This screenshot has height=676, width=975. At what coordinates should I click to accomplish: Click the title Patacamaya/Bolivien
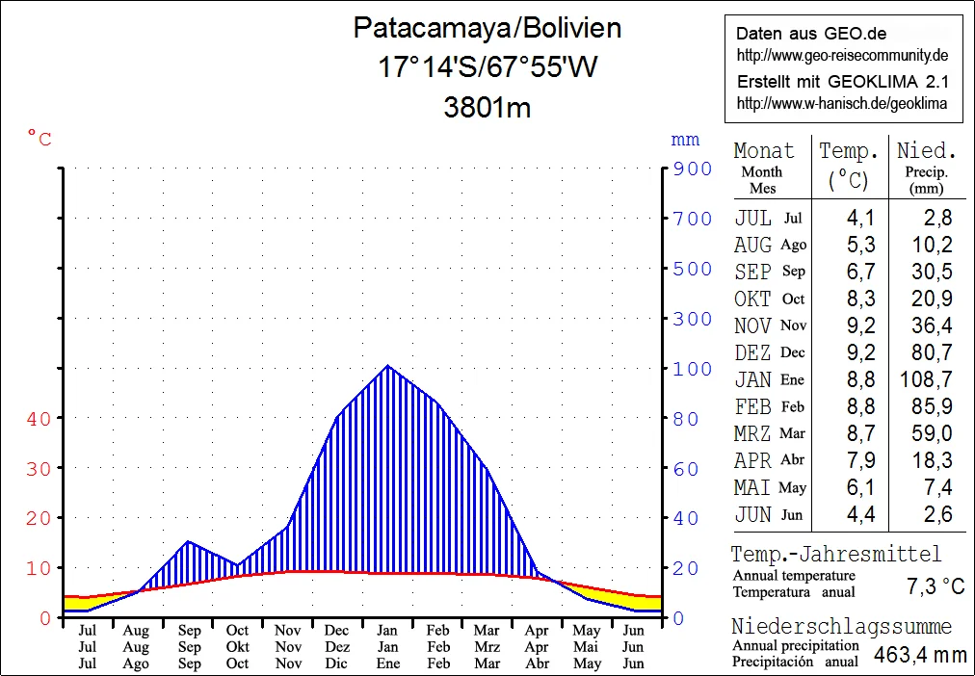pos(487,28)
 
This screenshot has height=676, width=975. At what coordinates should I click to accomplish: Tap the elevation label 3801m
pos(487,107)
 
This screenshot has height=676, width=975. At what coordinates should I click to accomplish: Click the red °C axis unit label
pos(40,140)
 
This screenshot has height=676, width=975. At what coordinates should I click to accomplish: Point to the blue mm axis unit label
pos(685,141)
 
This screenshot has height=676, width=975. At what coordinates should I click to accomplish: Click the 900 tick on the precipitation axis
pos(693,169)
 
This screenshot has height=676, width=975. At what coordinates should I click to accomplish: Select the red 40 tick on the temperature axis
pos(39,418)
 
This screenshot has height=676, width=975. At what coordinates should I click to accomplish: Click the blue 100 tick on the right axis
pos(693,369)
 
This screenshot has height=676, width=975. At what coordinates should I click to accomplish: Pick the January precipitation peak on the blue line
pos(387,366)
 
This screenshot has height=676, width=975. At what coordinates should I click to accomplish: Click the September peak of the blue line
pos(189,541)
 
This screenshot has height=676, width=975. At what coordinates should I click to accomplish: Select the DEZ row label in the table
pos(752,352)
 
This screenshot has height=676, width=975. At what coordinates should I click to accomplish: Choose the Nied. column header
pos(926,151)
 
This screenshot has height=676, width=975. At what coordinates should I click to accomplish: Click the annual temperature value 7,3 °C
pos(935,586)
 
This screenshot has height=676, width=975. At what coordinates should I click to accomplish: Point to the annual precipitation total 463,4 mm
pos(919,656)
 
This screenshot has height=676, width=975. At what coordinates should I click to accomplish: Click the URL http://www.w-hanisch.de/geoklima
pos(841,103)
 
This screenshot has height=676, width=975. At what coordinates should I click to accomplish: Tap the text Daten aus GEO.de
pos(799,33)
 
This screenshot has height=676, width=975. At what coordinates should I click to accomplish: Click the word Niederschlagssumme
pos(841,627)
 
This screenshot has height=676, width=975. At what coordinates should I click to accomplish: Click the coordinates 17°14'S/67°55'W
pos(487,67)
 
